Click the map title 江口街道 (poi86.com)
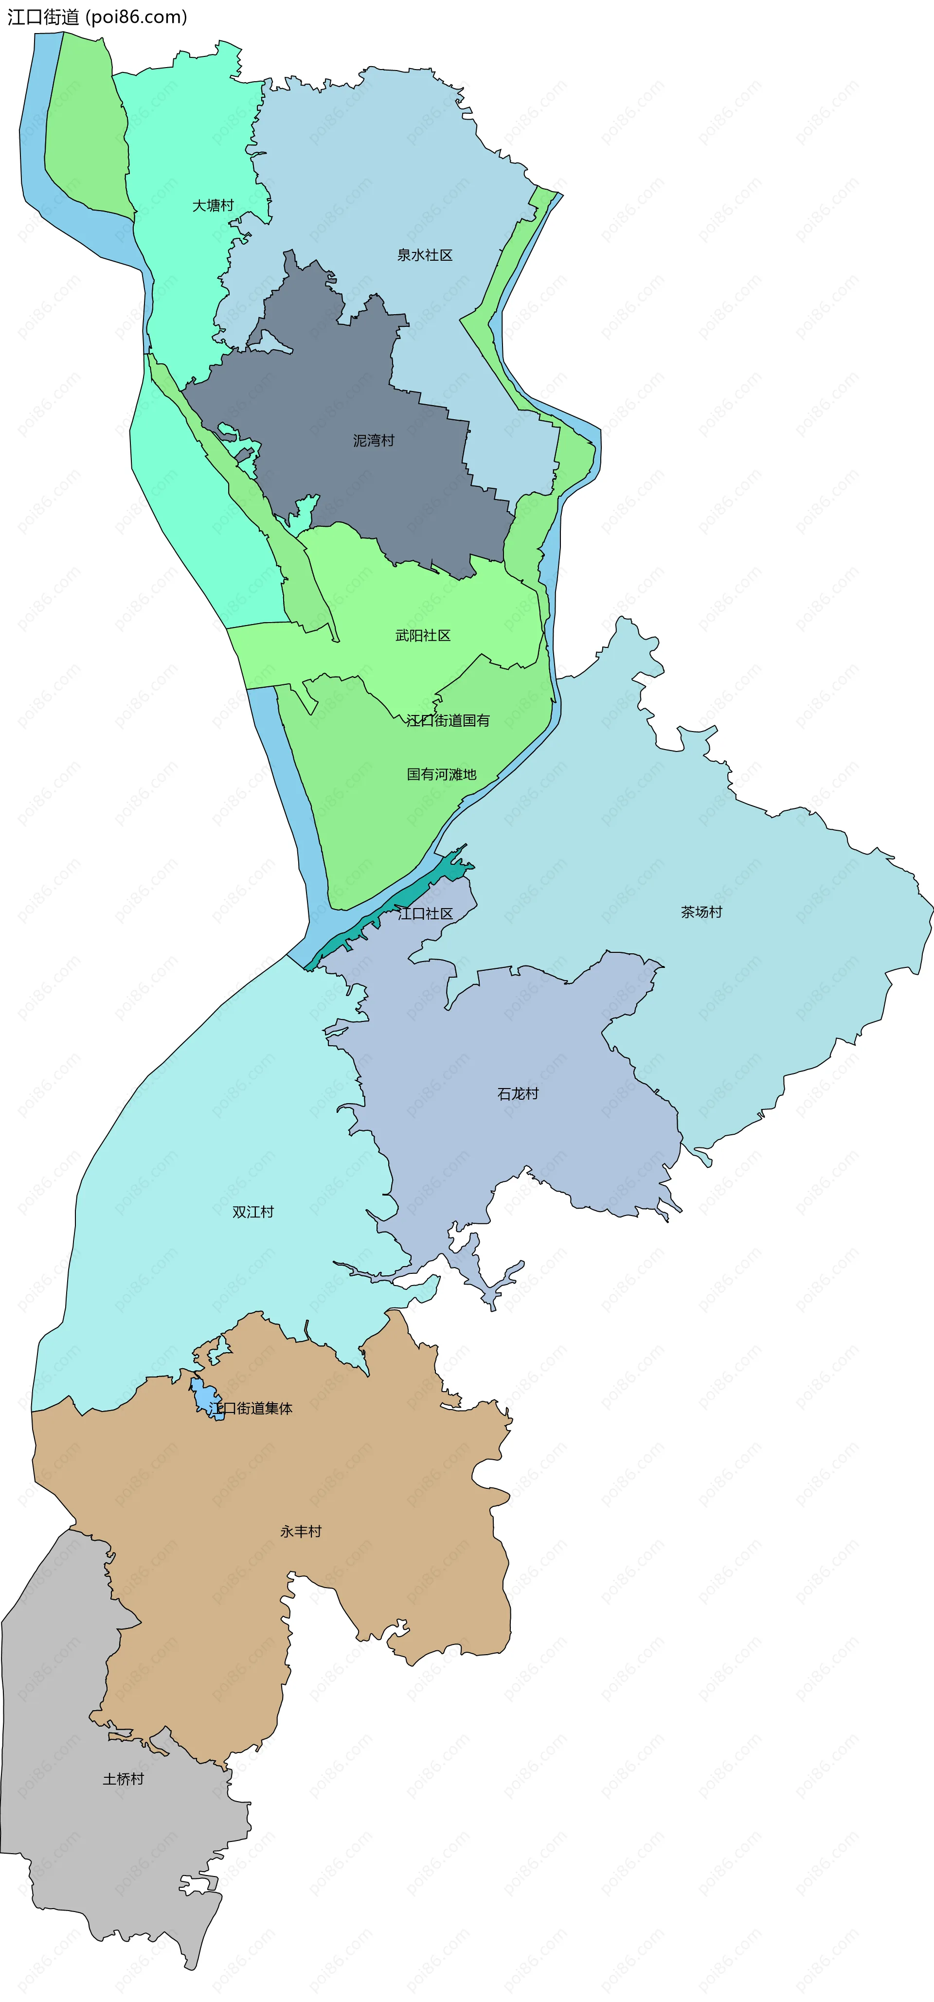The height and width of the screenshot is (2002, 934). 97,17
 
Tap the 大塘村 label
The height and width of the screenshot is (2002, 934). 213,205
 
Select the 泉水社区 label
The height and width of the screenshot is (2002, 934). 424,255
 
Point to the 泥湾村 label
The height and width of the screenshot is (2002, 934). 374,441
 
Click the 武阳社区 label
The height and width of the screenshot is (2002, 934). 423,636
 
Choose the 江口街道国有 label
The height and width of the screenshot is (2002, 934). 449,720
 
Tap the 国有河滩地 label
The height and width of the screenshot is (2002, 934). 441,774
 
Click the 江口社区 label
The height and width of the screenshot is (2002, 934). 425,913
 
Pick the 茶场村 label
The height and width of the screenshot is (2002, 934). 701,912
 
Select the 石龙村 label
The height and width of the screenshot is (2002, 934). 518,1093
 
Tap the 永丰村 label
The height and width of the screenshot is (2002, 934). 301,1531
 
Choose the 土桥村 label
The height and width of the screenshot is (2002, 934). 124,1779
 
